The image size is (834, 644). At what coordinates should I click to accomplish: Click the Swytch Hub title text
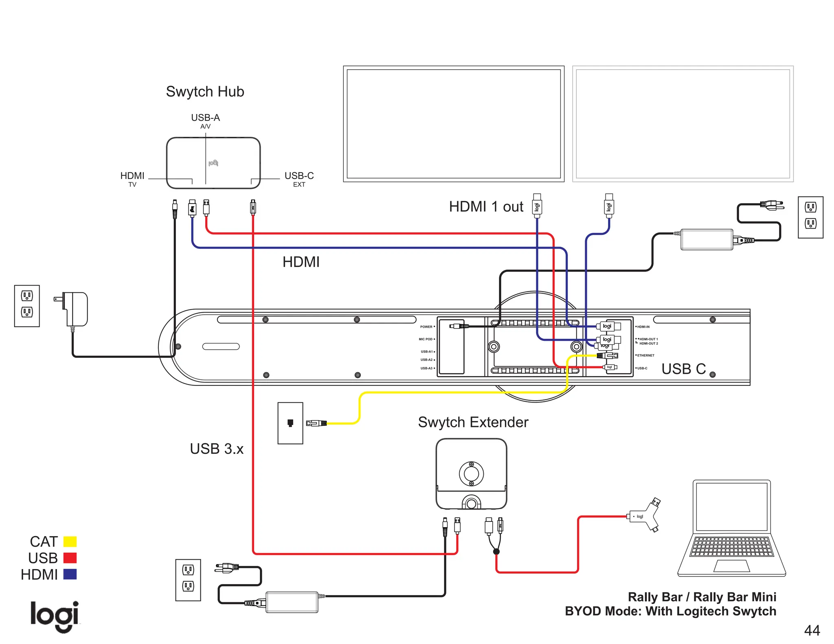click(205, 92)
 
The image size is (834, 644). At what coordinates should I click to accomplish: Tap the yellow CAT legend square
click(70, 541)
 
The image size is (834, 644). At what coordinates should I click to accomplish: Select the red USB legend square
click(70, 558)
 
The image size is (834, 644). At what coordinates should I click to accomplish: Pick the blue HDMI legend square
click(70, 574)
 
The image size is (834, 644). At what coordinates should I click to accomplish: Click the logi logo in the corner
click(55, 616)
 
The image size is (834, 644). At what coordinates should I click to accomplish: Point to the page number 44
click(812, 630)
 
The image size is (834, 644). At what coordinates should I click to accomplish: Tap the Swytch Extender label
click(473, 422)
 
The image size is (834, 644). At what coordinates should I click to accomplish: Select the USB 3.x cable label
click(217, 449)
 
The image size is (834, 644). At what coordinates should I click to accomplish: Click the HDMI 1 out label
click(486, 206)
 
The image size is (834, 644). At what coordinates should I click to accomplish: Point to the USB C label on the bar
click(683, 369)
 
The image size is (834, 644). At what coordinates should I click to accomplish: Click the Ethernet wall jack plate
click(290, 423)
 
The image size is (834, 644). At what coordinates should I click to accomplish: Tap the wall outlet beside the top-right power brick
click(810, 217)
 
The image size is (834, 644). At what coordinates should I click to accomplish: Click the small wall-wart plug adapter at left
click(74, 308)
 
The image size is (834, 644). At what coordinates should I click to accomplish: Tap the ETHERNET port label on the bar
click(645, 355)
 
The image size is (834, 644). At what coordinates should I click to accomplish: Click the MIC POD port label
click(426, 339)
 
